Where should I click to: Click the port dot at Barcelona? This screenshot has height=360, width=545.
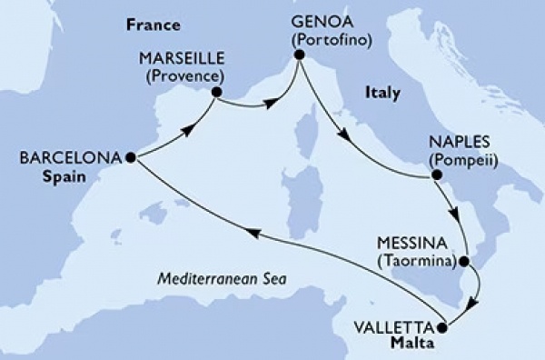[131, 157]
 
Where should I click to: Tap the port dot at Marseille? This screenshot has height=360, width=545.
[216, 91]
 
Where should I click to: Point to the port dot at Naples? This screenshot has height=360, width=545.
[436, 175]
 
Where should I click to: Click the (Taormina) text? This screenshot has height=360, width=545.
[420, 260]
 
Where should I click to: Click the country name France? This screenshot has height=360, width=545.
[152, 24]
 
